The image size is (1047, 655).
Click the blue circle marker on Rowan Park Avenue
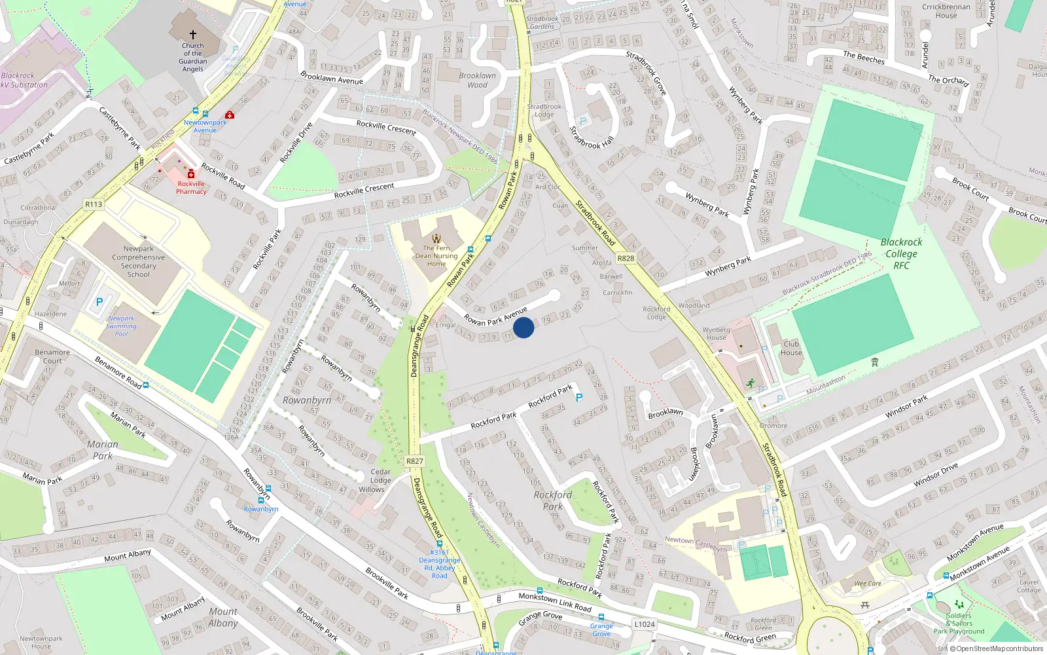click(523, 327)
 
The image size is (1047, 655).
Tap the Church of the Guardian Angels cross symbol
click(193, 35)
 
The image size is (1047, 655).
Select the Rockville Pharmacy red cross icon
click(191, 174)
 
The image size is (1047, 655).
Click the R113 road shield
click(94, 204)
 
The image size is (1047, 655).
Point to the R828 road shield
click(626, 258)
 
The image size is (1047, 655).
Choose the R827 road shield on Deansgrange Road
click(414, 461)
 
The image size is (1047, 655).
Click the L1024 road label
click(644, 624)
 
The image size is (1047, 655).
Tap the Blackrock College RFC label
click(901, 253)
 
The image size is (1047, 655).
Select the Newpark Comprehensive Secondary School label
click(139, 261)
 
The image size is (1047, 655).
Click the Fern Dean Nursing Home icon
click(436, 238)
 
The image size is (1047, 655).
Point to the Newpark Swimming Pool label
click(122, 326)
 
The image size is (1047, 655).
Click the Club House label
click(791, 348)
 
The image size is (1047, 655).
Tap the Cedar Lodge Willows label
click(380, 480)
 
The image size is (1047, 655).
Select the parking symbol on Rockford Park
click(578, 397)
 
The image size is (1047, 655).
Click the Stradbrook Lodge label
click(544, 110)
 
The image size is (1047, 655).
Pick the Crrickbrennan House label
click(946, 11)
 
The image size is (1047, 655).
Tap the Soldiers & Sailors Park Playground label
click(959, 623)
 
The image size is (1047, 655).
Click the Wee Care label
click(868, 584)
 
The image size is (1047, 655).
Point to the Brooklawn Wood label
click(477, 80)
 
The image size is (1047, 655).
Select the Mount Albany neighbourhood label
click(223, 617)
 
